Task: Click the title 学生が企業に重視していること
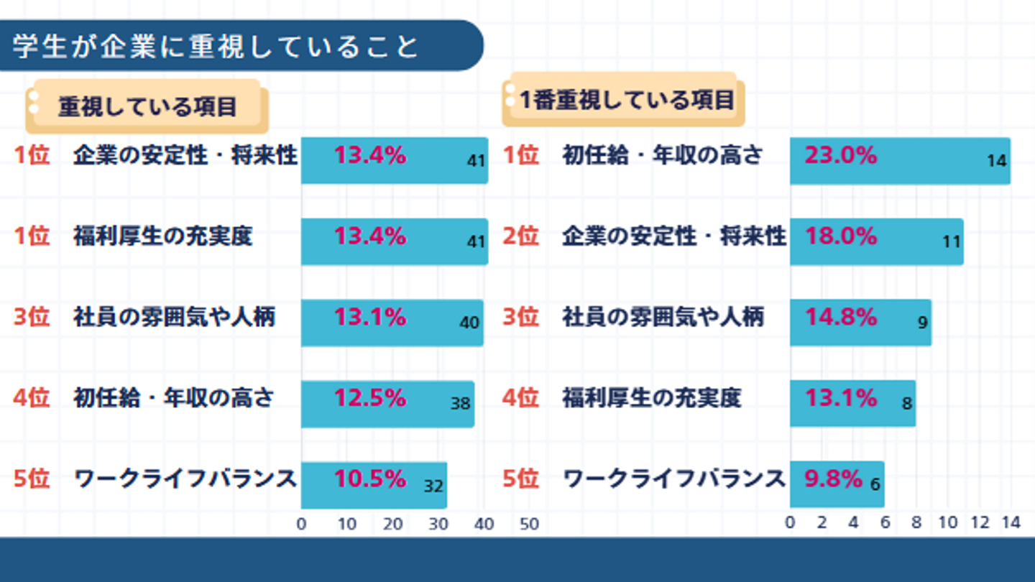215,46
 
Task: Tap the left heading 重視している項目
147,107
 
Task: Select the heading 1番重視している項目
627,100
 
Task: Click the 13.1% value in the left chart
370,317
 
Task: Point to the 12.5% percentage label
370,397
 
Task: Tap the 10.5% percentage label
370,479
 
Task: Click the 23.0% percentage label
840,155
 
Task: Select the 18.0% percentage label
840,236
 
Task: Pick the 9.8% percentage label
833,479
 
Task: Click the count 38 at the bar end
461,404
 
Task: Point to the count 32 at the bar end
433,486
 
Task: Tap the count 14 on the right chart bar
996,162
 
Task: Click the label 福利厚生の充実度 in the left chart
163,236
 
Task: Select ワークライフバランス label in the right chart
673,479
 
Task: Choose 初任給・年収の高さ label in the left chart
173,397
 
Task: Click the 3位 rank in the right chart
520,317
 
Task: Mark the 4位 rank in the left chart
32,397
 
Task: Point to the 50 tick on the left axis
529,525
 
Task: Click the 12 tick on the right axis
980,523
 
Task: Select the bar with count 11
876,242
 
